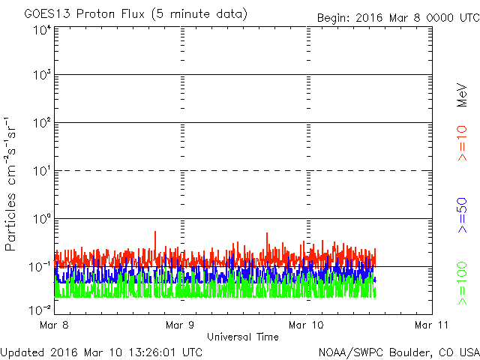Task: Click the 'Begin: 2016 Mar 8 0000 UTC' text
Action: (398, 18)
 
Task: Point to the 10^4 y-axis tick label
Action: (43, 30)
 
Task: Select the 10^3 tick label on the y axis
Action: (43, 74)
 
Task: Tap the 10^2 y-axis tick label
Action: (43, 122)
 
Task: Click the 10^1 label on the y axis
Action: (43, 170)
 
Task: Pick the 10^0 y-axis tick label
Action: (43, 218)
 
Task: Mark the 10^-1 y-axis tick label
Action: (40, 267)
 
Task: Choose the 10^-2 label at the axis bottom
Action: (40, 310)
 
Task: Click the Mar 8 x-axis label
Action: (54, 325)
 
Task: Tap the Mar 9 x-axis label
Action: (180, 325)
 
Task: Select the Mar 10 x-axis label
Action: (306, 325)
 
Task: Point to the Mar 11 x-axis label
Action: (432, 325)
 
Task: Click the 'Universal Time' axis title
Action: (243, 337)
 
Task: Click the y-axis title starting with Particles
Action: (10, 184)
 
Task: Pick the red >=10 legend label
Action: (462, 143)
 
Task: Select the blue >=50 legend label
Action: (462, 215)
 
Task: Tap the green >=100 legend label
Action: (462, 283)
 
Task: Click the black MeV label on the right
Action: (462, 95)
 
